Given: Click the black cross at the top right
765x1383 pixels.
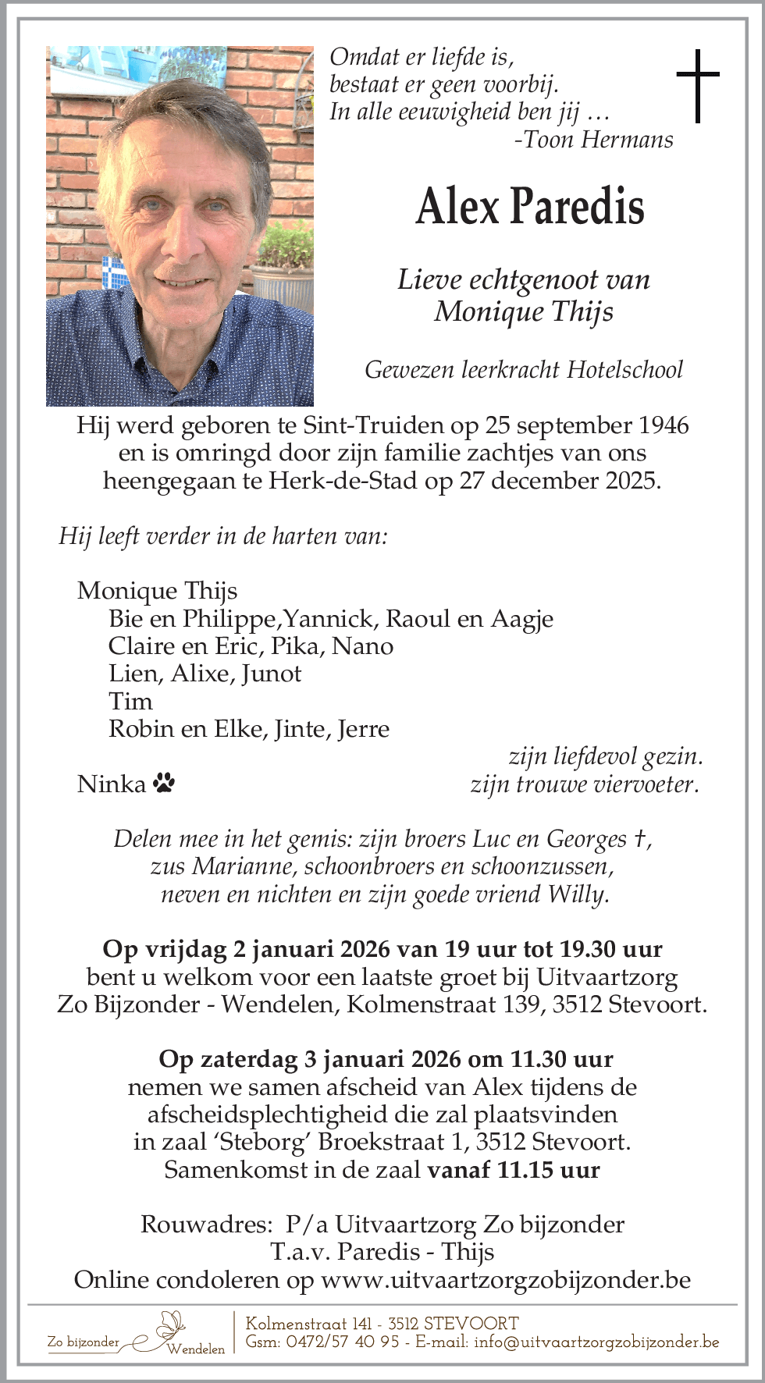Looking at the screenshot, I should click(x=697, y=85).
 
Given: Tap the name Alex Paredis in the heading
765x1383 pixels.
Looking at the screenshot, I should click(x=530, y=207).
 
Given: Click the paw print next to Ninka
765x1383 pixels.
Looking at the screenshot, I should click(x=164, y=783).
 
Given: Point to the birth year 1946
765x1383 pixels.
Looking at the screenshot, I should click(x=664, y=425).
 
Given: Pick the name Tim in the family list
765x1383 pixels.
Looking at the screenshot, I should click(x=130, y=701).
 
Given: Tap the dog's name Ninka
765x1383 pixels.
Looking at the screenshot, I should click(x=112, y=784).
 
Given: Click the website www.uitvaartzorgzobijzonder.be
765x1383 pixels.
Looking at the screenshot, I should click(x=506, y=1280).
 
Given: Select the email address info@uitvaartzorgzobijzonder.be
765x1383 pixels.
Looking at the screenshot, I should click(x=596, y=1342).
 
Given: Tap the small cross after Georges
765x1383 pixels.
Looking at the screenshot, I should click(x=639, y=838).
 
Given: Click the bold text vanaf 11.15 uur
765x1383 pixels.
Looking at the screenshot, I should click(x=514, y=1170).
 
